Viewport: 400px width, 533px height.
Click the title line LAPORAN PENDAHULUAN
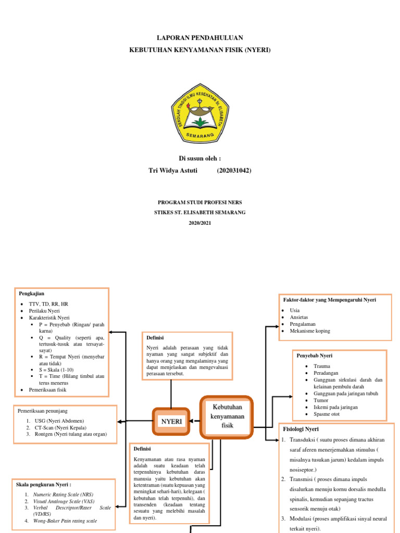pyautogui.click(x=200, y=38)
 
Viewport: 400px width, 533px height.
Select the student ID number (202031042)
pyautogui.click(x=234, y=170)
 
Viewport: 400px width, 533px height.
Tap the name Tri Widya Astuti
pyautogui.click(x=173, y=170)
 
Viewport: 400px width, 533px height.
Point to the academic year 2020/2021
pyautogui.click(x=200, y=223)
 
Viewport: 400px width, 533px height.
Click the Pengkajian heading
pyautogui.click(x=31, y=294)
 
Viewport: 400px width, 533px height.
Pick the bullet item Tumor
pyautogui.click(x=321, y=401)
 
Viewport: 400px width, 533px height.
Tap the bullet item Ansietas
pyautogui.click(x=298, y=317)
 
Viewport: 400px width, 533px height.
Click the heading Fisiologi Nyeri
pyautogui.click(x=301, y=429)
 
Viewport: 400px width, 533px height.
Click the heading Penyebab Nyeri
pyautogui.click(x=314, y=356)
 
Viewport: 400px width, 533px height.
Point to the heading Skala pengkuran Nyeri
pyautogui.click(x=44, y=485)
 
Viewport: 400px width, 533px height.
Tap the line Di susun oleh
pyautogui.click(x=200, y=158)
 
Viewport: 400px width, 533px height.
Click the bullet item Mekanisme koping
pyautogui.click(x=310, y=331)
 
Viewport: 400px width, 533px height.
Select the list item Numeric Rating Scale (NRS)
pyautogui.click(x=63, y=494)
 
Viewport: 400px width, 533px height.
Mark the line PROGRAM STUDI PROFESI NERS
pyautogui.click(x=200, y=202)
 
